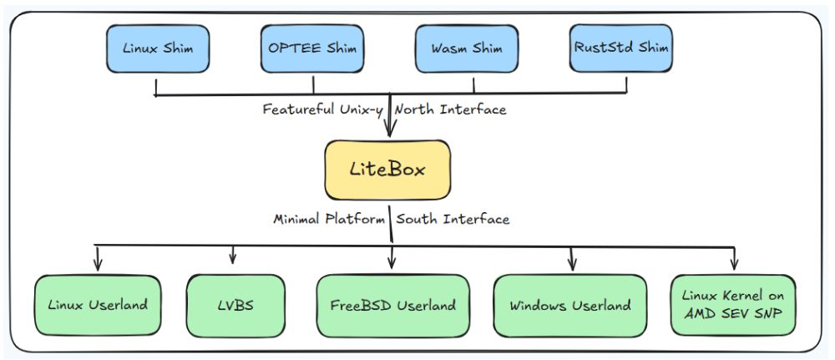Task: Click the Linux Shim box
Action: [x=156, y=48]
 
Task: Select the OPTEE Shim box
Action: [x=314, y=48]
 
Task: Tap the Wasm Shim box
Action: [x=473, y=48]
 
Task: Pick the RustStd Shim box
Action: [x=621, y=48]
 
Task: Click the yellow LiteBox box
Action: [x=387, y=170]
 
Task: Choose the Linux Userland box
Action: [x=98, y=305]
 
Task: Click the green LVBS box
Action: [x=232, y=305]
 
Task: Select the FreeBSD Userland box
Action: [x=392, y=305]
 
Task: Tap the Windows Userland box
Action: [x=570, y=305]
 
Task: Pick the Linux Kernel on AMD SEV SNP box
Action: [x=733, y=305]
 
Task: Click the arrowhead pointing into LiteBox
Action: [x=390, y=133]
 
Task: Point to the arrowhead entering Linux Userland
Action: [x=99, y=266]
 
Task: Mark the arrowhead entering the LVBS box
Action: [x=233, y=258]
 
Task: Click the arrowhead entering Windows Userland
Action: [x=572, y=266]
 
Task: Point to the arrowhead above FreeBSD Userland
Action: [x=392, y=266]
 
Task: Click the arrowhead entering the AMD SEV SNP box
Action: [x=734, y=266]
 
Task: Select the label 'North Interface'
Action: [x=451, y=109]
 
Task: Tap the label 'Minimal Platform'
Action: [x=329, y=220]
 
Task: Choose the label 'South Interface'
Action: [x=453, y=220]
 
